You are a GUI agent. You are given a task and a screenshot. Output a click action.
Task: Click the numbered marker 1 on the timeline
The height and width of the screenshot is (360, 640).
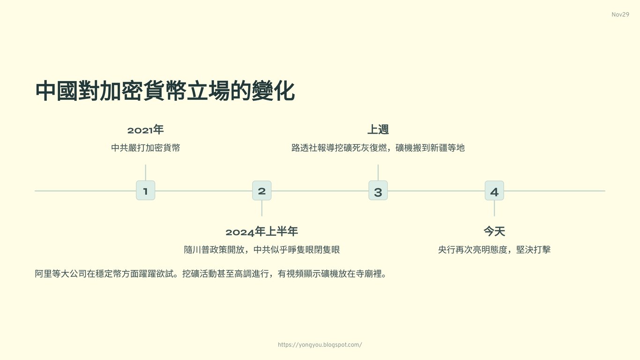point(145,191)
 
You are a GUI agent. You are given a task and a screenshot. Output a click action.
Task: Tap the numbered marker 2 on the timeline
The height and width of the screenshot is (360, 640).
point(261,191)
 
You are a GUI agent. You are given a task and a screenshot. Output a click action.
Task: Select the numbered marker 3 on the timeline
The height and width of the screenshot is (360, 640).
point(378,191)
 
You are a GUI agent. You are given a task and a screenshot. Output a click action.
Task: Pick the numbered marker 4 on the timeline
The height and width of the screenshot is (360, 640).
point(494,191)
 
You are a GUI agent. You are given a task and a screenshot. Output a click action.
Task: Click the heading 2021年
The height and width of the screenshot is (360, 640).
point(145,130)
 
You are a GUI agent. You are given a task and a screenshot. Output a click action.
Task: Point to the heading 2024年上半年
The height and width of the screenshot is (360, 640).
point(261,232)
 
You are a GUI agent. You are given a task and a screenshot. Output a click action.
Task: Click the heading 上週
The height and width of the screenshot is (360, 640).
point(378,130)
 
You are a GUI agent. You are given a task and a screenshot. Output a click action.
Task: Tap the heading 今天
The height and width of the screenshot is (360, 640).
point(494,232)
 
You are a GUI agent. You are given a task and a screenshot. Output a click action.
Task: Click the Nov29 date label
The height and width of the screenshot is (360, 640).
point(620,15)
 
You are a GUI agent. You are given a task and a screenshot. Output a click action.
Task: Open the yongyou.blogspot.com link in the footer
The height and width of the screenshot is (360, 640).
point(320,345)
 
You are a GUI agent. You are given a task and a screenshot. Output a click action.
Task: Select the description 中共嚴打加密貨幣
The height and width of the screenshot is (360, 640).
point(145,148)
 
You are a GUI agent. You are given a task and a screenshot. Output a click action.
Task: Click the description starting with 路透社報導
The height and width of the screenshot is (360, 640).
point(378,148)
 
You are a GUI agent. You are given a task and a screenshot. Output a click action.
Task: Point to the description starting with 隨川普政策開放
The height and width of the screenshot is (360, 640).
point(261,249)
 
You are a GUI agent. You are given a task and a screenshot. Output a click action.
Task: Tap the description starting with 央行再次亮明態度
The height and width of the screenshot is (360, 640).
point(494,249)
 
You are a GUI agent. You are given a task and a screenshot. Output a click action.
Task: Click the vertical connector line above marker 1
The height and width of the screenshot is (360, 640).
point(145,172)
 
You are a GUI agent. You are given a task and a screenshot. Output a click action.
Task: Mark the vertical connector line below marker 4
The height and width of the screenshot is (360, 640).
point(494,208)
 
